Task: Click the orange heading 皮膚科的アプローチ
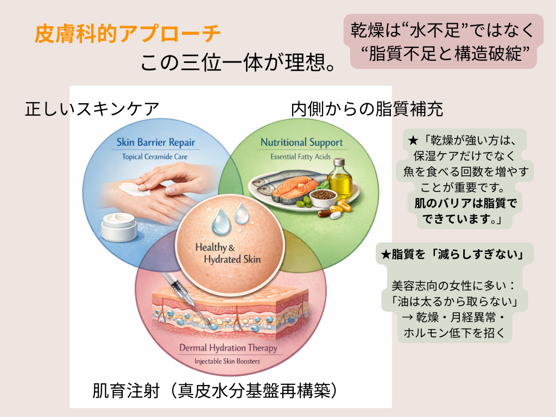tap(128, 34)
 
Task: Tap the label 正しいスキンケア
tap(92, 109)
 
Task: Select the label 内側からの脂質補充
tap(367, 109)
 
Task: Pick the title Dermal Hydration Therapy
tap(228, 347)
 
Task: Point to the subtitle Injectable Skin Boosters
tap(228, 361)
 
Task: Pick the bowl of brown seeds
tap(322, 197)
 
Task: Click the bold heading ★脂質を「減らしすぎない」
tap(453, 255)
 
